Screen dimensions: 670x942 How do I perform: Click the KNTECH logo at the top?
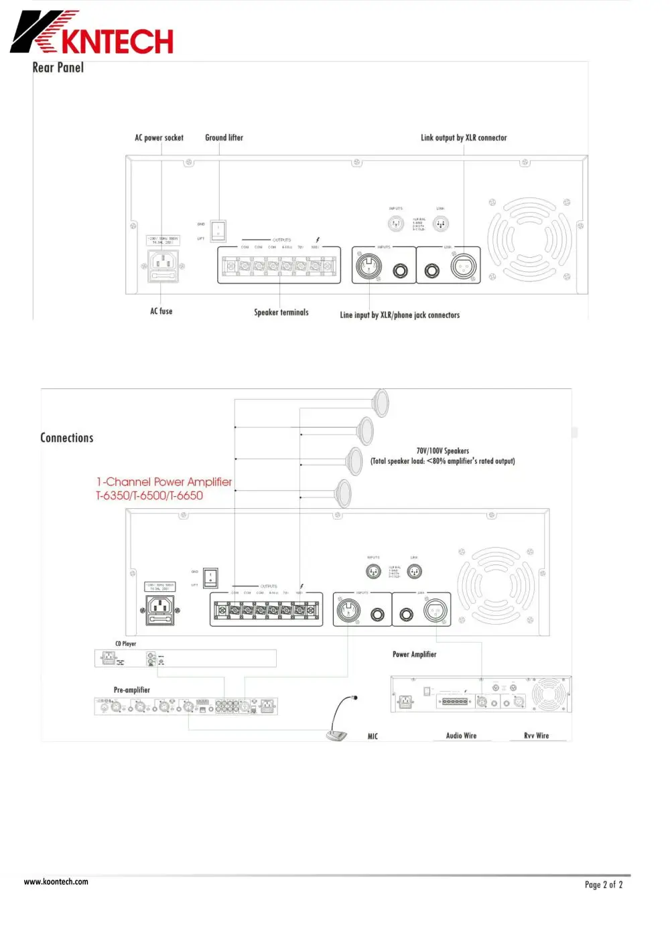(92, 33)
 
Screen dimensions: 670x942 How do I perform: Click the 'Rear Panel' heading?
(58, 68)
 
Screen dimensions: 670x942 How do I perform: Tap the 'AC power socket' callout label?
(159, 138)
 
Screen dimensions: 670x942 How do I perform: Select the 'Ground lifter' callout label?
(224, 138)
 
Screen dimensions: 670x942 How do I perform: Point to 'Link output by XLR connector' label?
(464, 138)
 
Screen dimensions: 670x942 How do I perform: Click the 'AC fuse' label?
(161, 311)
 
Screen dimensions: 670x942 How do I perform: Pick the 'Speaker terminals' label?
(281, 313)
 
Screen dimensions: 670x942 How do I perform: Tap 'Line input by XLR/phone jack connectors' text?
(400, 315)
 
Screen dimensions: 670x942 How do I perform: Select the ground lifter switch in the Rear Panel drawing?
(218, 231)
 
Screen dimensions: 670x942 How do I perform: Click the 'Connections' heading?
(67, 438)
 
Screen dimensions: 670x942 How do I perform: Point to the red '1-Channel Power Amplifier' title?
(164, 482)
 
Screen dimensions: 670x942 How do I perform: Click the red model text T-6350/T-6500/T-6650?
(149, 496)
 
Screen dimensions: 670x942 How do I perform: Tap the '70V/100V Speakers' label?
(443, 451)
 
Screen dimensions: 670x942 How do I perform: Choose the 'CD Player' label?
(125, 644)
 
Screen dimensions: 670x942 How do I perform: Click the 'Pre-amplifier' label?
(132, 690)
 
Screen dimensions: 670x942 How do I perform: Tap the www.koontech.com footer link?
(56, 882)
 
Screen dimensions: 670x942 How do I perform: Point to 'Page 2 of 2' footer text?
(604, 885)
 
